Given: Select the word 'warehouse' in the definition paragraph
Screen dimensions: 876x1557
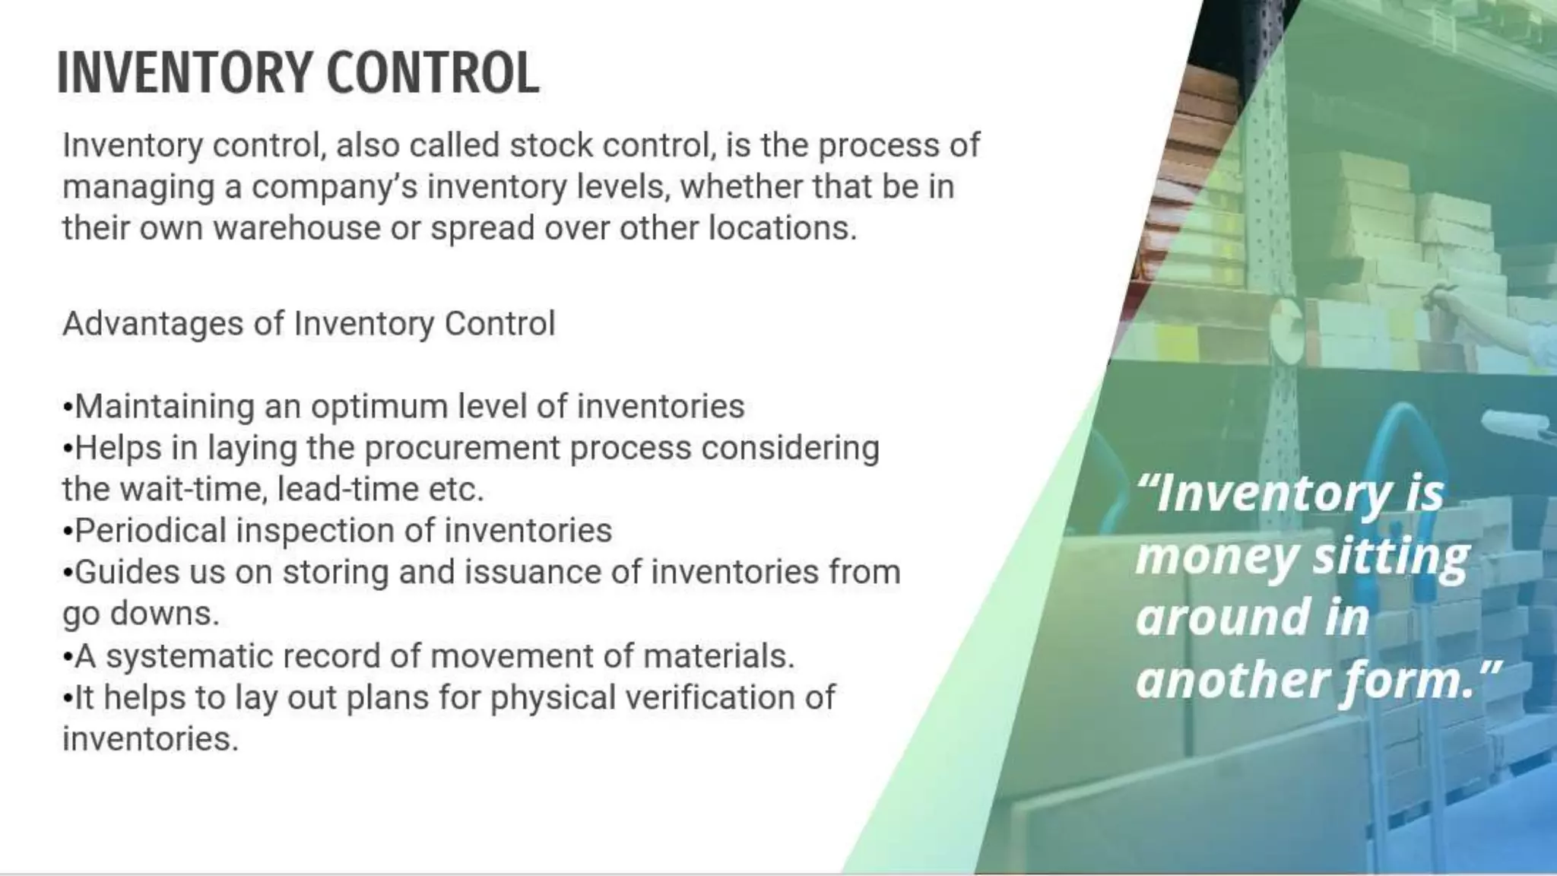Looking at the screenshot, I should click(x=296, y=228).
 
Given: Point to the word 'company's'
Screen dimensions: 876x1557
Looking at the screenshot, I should click(x=335, y=187).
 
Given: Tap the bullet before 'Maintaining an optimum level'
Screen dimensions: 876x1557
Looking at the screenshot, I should click(x=68, y=408).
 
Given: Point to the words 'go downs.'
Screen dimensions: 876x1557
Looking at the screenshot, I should click(x=141, y=614).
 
